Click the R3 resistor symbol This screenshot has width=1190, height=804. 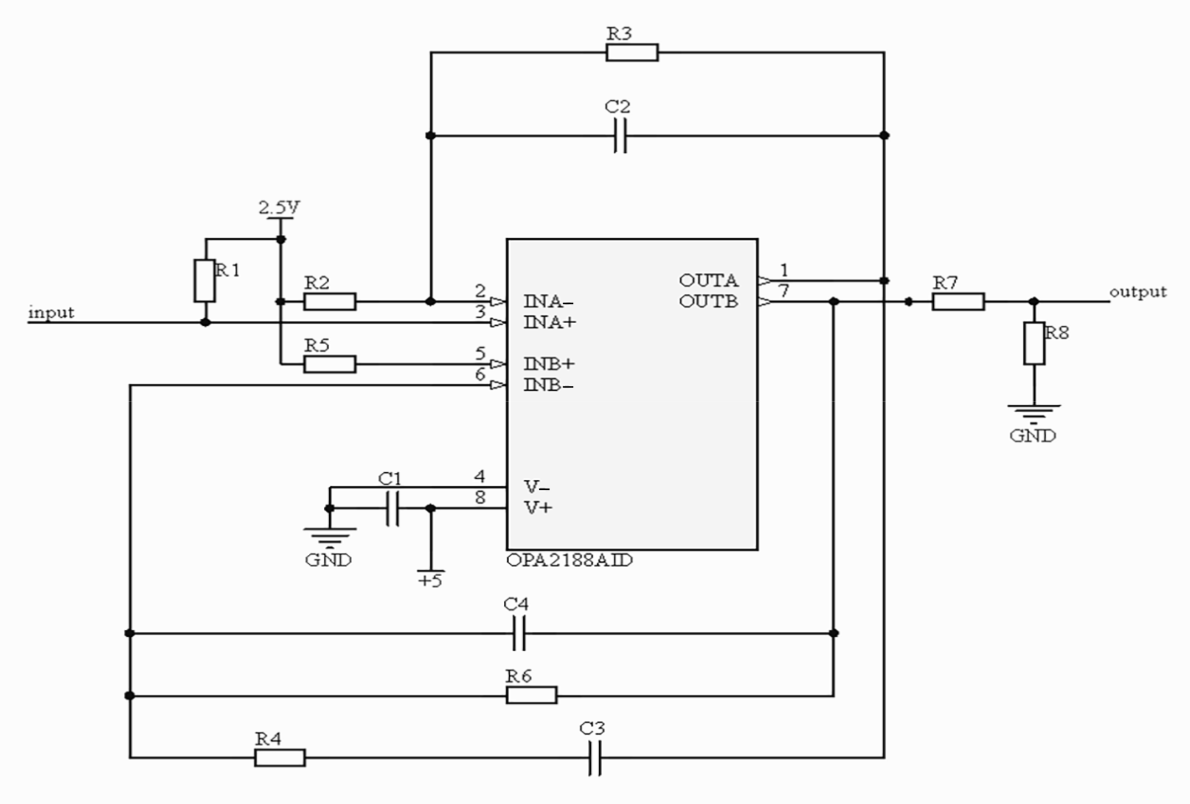632,53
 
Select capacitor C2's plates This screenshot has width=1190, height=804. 620,136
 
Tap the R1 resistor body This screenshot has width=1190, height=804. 205,281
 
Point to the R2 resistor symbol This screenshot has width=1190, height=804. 330,302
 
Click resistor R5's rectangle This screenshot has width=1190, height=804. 330,364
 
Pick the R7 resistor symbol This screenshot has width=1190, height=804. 958,302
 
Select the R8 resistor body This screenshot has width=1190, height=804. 1034,344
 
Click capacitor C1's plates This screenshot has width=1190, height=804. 393,508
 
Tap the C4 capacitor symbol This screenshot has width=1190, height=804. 519,633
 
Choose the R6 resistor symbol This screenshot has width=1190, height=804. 532,695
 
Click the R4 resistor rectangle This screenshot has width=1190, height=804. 280,757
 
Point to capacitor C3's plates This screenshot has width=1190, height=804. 594,757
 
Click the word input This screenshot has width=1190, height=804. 51,312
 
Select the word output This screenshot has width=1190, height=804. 1137,292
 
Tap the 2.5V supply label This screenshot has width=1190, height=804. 279,207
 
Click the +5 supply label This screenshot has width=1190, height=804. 430,580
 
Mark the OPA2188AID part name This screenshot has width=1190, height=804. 569,560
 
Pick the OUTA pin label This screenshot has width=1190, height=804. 708,280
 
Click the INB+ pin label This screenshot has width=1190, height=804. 549,364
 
